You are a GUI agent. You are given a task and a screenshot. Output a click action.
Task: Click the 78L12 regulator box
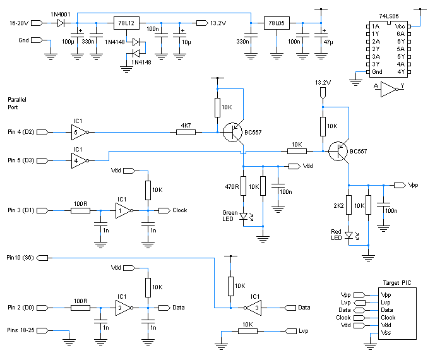tap(126, 23)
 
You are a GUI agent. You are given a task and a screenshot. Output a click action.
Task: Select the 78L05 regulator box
tap(277, 23)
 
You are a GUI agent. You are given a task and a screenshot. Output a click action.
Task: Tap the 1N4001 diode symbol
tap(61, 23)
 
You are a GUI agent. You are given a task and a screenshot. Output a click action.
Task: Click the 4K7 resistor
tap(186, 133)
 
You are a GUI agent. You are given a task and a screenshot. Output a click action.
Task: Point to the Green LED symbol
tap(244, 216)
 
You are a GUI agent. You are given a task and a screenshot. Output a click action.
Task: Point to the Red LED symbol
tap(349, 236)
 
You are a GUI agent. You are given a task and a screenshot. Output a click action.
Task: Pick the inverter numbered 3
tap(253, 308)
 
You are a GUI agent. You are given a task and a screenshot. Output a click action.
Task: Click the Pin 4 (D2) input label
tap(21, 132)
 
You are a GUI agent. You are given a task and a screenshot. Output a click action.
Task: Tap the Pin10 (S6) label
tap(20, 258)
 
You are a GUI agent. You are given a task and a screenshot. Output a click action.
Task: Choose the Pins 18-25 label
tap(21, 330)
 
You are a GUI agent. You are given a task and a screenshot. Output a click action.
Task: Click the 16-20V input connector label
tap(19, 23)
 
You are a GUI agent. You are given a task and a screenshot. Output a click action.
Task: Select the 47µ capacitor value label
tap(328, 42)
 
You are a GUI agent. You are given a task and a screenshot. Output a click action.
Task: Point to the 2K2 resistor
tap(349, 205)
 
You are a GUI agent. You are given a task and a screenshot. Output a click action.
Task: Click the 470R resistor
tap(243, 186)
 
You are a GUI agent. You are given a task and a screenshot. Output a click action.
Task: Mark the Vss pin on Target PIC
tap(386, 332)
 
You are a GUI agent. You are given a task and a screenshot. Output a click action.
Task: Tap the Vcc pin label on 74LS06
tap(400, 27)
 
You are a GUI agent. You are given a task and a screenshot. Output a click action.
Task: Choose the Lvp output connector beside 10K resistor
tap(291, 331)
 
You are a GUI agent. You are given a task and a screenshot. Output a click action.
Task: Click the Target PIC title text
tap(397, 283)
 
